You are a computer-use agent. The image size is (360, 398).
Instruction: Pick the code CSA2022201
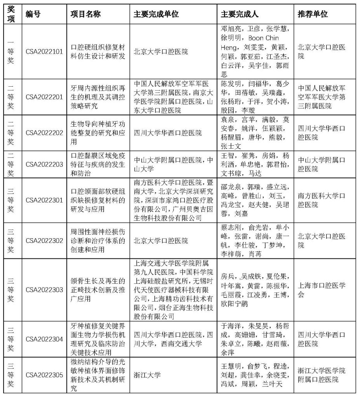[x=44, y=97]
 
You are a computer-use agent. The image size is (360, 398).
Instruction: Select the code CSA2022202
[x=44, y=133]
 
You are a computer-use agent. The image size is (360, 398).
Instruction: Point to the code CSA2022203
[x=44, y=164]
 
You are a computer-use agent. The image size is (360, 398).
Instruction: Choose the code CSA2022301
[x=44, y=201]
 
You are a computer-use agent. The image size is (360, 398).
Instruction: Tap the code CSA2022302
[x=44, y=241]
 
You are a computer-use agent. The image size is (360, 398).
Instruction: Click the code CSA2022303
[x=44, y=290]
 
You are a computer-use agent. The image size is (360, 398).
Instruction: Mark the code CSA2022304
[x=44, y=339]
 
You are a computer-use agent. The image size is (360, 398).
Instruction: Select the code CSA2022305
[x=44, y=375]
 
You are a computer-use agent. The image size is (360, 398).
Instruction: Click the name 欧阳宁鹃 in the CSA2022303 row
[x=234, y=304]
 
